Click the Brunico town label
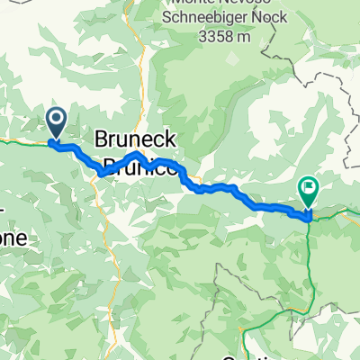point(135,166)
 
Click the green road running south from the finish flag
point(310,261)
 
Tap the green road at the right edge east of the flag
point(346,212)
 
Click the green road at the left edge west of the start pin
point(18,140)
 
